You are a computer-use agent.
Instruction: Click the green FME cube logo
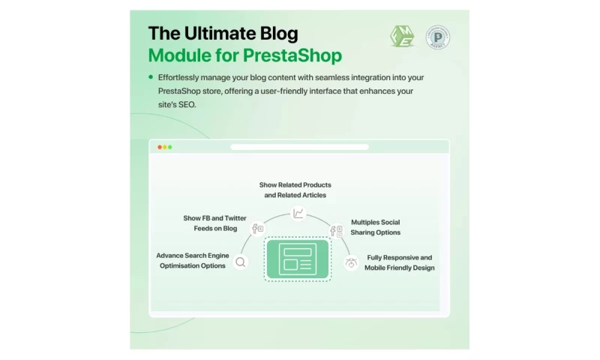pyautogui.click(x=402, y=36)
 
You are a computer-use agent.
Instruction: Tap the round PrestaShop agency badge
pyautogui.click(x=438, y=37)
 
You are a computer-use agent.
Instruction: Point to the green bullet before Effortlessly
pyautogui.click(x=151, y=76)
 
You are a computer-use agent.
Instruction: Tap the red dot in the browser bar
pyautogui.click(x=159, y=147)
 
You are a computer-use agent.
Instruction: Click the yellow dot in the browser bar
pyautogui.click(x=164, y=147)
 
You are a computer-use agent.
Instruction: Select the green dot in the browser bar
pyautogui.click(x=169, y=147)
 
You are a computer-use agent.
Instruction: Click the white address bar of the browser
pyautogui.click(x=299, y=147)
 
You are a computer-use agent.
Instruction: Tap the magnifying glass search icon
pyautogui.click(x=240, y=262)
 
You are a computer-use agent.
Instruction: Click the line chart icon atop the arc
pyautogui.click(x=298, y=214)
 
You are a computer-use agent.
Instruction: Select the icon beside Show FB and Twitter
pyautogui.click(x=257, y=229)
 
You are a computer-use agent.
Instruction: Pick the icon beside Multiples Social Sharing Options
pyautogui.click(x=337, y=231)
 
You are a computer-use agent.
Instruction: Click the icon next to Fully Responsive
pyautogui.click(x=351, y=263)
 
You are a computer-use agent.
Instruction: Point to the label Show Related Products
pyautogui.click(x=295, y=184)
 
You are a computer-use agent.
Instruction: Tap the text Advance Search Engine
pyautogui.click(x=190, y=255)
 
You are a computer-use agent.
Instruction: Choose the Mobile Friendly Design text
pyautogui.click(x=399, y=268)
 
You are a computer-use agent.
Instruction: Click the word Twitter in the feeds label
pyautogui.click(x=235, y=218)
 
